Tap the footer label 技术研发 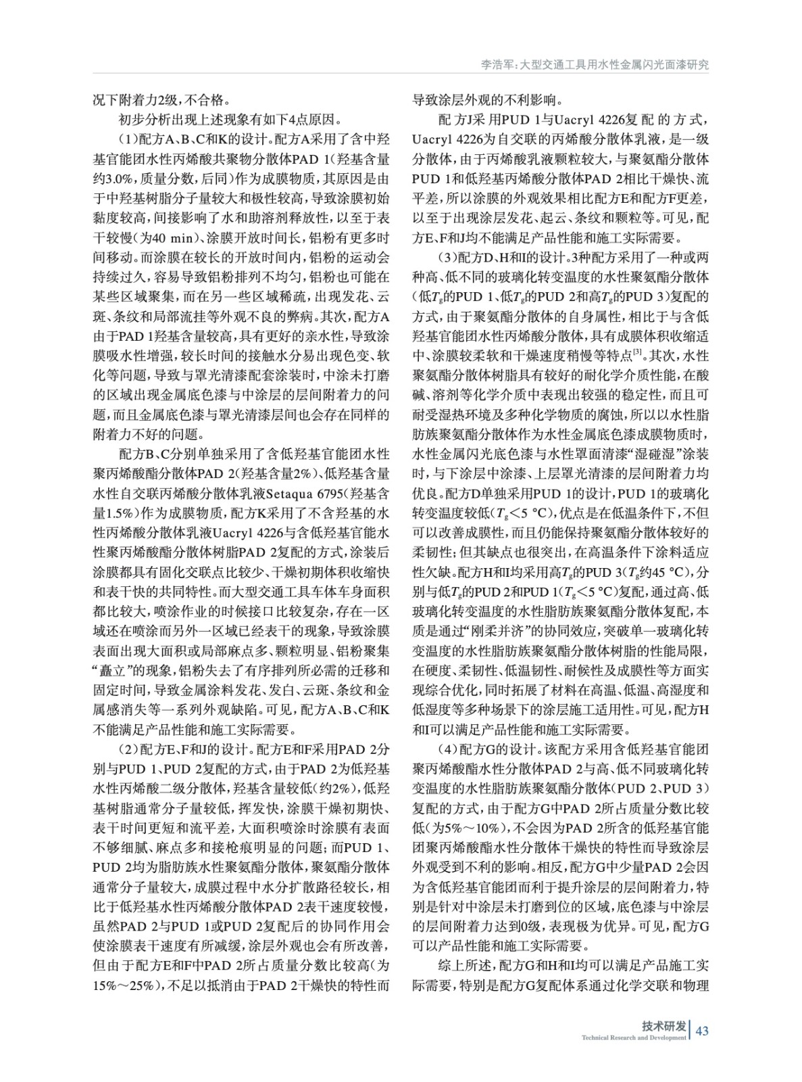(x=663, y=1025)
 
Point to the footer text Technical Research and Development (x=633, y=1037)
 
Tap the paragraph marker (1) (x=126, y=140)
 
